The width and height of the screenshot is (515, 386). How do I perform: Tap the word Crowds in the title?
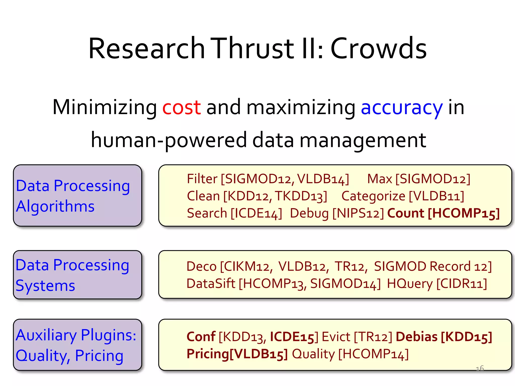(378, 48)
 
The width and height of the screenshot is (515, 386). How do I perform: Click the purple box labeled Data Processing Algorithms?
(77, 196)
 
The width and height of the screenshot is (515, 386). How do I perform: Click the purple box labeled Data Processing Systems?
(77, 275)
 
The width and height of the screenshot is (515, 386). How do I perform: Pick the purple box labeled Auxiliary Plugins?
(77, 345)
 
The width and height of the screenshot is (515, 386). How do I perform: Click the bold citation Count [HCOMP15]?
(443, 213)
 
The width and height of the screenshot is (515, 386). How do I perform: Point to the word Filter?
(202, 179)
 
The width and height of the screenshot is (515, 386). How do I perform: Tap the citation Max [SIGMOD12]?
(418, 179)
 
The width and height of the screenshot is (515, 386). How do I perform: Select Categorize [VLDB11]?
(403, 196)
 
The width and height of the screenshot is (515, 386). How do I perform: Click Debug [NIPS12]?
(337, 213)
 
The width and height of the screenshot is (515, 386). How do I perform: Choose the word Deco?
(201, 266)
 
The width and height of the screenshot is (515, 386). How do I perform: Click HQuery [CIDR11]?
(437, 284)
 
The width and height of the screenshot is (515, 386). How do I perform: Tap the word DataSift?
(210, 284)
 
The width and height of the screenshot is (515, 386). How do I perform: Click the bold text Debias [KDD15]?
(444, 337)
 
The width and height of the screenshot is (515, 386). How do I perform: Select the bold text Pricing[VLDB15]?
(237, 354)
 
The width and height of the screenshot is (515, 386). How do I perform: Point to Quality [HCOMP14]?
(350, 354)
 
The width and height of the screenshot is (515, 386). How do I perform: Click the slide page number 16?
(480, 368)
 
